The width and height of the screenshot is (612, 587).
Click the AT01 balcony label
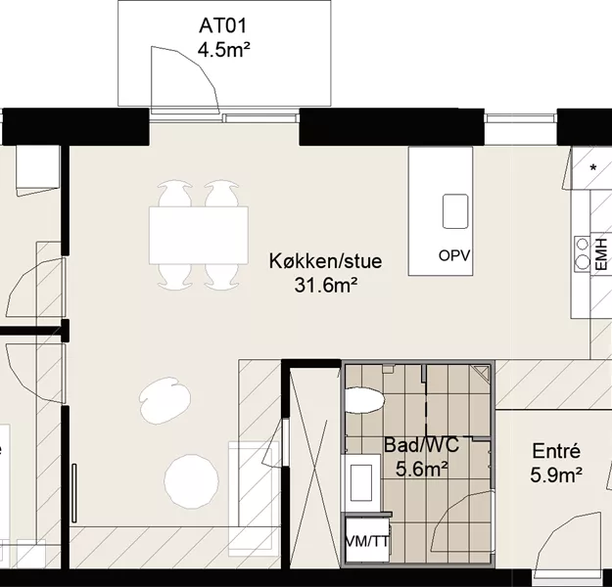[x=223, y=26]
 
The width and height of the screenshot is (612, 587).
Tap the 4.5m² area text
[x=223, y=50]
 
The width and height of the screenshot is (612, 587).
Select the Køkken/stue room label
[x=325, y=261]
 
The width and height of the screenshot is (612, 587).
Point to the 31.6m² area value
[x=325, y=285]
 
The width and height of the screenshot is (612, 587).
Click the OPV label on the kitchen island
[x=454, y=255]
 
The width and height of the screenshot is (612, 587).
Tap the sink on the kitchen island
[x=455, y=211]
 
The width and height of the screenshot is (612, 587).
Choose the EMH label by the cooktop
[x=601, y=254]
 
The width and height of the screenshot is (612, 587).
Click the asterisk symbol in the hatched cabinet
[x=593, y=168]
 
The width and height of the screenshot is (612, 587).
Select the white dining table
[x=198, y=235]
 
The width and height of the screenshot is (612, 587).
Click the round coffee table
[x=191, y=481]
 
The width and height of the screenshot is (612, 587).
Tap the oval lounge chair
[x=165, y=400]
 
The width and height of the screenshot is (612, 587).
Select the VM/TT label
[x=367, y=541]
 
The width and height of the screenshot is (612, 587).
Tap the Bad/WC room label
[x=421, y=445]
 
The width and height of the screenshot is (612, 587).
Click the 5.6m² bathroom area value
[x=421, y=469]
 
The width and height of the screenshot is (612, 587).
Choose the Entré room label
[x=556, y=451]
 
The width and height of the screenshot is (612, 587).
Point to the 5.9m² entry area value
[x=556, y=475]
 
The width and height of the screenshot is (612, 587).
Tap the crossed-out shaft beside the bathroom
[x=314, y=464]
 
